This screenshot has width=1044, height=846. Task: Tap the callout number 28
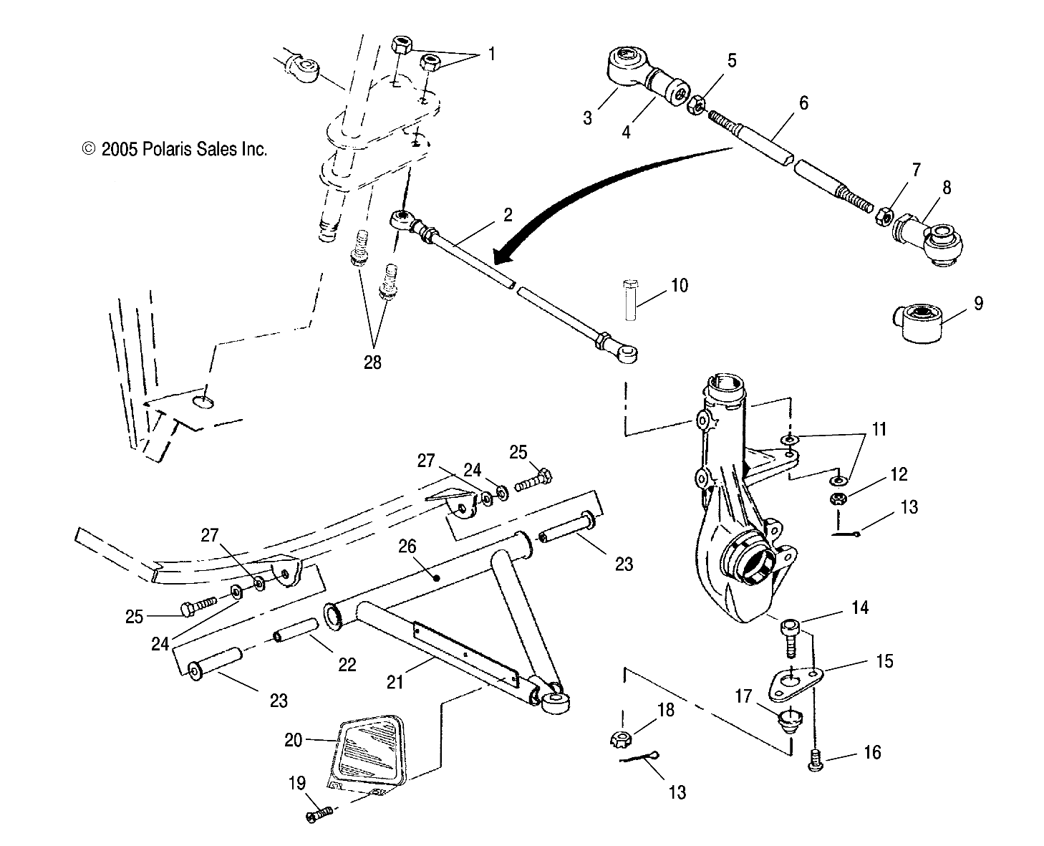tap(372, 362)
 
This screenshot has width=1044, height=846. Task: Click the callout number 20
tap(294, 739)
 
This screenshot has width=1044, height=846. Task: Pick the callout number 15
tap(884, 660)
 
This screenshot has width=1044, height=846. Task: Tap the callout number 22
tap(347, 664)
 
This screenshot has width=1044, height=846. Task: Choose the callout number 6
tap(803, 103)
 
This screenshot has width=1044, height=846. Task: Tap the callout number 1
tap(491, 54)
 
